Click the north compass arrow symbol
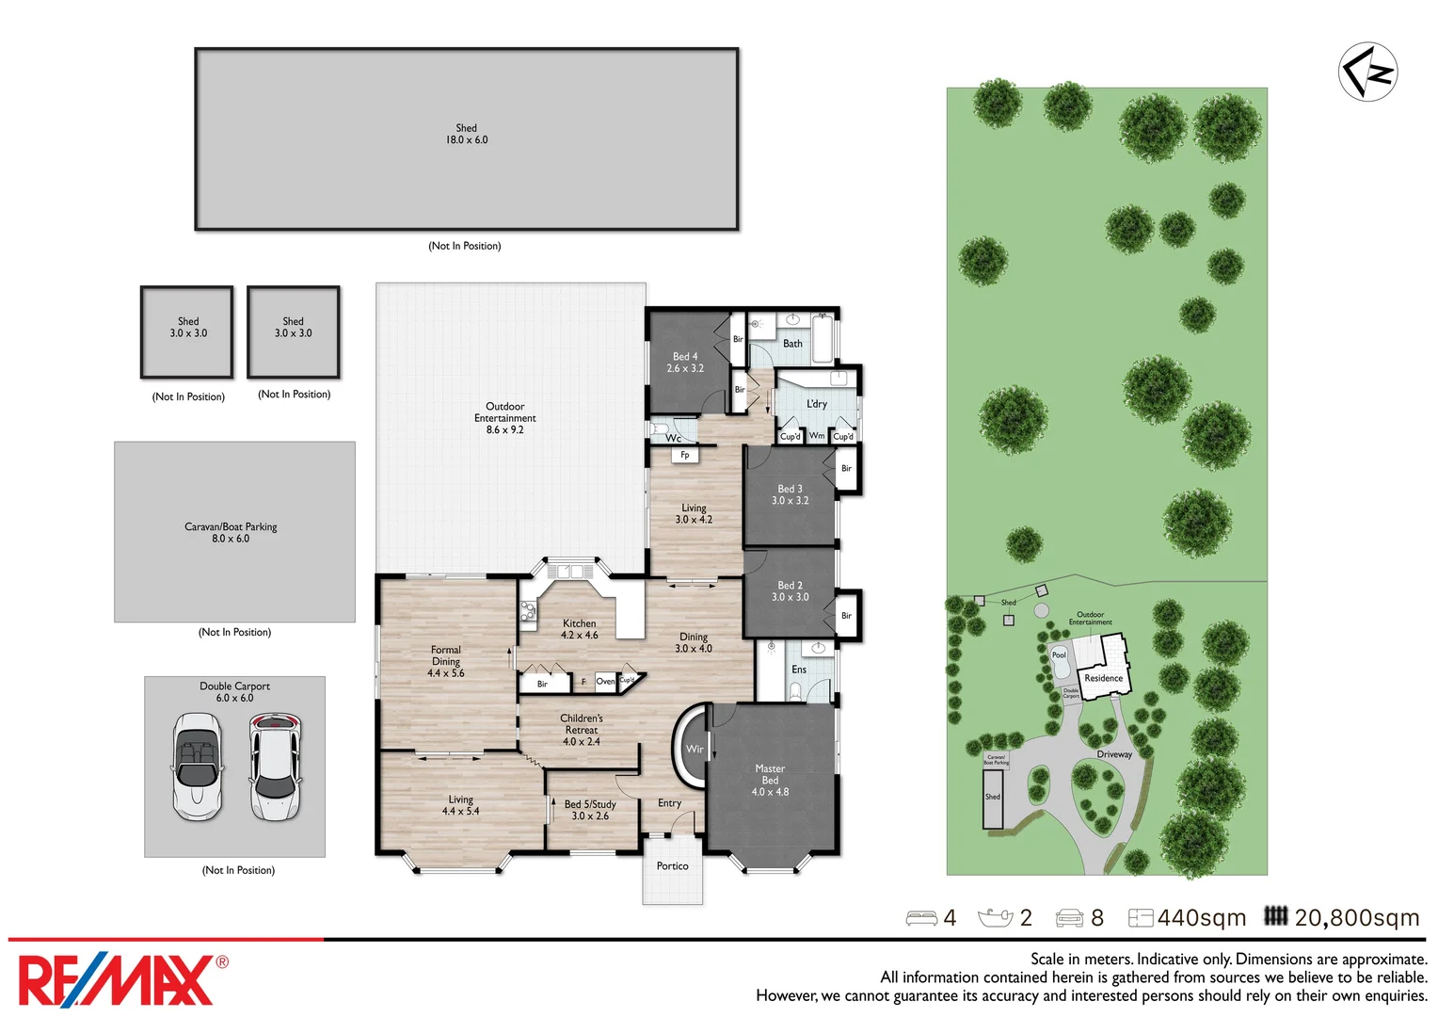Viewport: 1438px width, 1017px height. coord(1367,72)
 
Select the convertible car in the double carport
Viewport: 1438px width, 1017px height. coord(198,766)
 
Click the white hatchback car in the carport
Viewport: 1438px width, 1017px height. coord(275,766)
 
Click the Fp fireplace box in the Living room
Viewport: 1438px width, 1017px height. coord(685,456)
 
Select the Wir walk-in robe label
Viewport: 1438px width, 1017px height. coord(695,750)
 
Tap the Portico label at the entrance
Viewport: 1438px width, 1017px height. coord(672,866)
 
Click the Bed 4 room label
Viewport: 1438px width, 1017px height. coord(685,363)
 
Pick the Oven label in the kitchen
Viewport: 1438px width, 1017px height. coord(605,682)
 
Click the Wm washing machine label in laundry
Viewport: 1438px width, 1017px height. coord(817,436)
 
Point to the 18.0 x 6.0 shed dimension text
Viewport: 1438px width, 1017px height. coord(467,140)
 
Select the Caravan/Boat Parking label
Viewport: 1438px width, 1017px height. coord(231,527)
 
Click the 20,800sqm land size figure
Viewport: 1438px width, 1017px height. coord(1356,918)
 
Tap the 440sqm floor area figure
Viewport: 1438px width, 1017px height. coord(1201,918)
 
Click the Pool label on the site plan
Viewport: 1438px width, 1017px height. coord(1059,655)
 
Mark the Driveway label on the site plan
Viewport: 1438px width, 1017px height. coord(1114,754)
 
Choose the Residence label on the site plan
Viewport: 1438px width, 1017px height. coord(1103,678)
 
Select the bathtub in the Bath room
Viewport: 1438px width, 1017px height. coord(822,338)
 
